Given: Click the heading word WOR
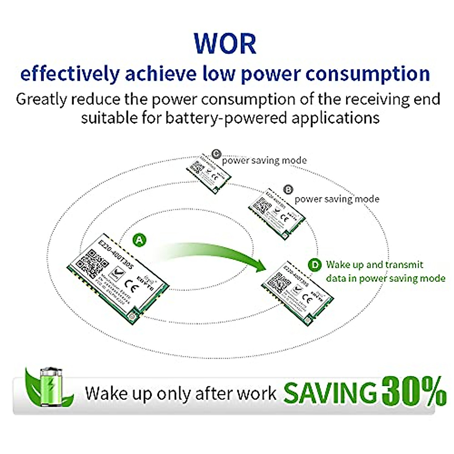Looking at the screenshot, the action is click(225, 44).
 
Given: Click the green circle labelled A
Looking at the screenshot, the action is click(140, 240).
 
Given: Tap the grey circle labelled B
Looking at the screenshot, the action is click(288, 189).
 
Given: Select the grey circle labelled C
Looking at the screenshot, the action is click(216, 154).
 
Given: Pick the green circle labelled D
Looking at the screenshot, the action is click(314, 265).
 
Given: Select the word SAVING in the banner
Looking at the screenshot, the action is click(330, 393).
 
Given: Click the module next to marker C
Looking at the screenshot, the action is click(209, 171).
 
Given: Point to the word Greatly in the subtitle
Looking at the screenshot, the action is click(41, 100).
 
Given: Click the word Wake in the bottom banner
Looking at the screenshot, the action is click(101, 393).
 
